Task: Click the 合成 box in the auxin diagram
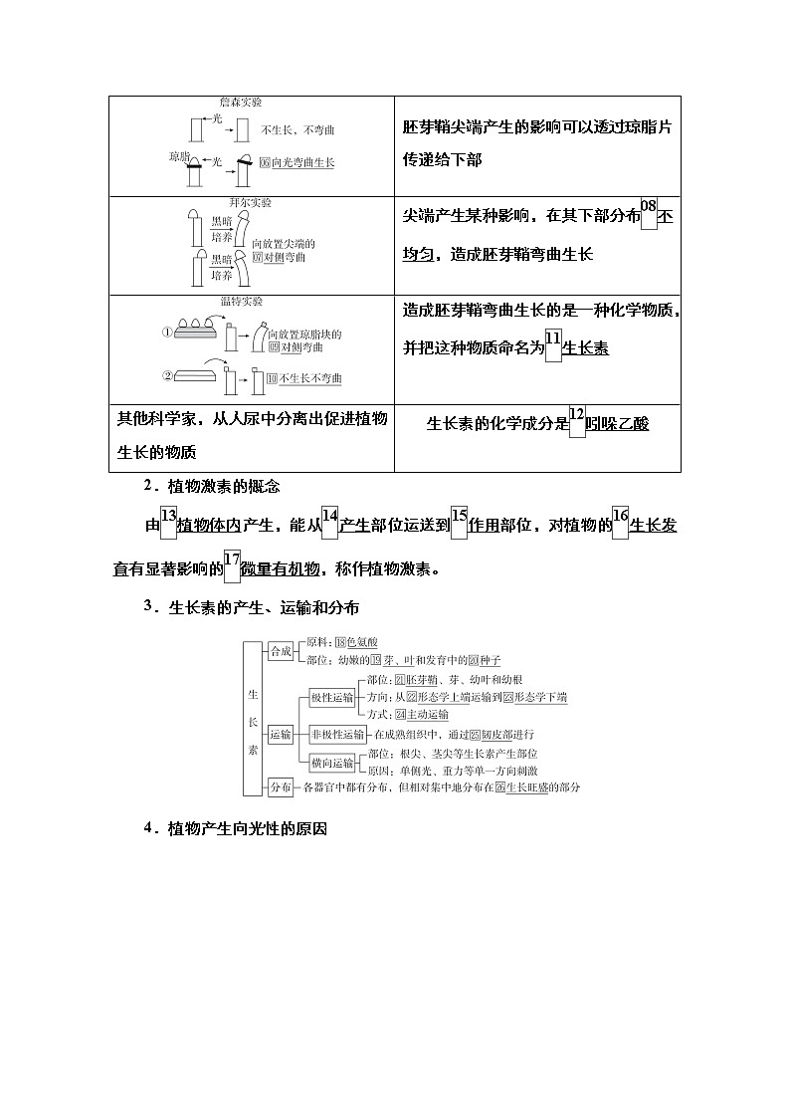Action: click(281, 651)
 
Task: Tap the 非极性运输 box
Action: click(336, 735)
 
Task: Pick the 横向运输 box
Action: click(331, 763)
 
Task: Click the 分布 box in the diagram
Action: click(281, 787)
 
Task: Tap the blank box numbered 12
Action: click(577, 423)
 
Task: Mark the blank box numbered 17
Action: click(233, 568)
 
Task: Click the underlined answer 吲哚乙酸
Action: click(617, 424)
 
